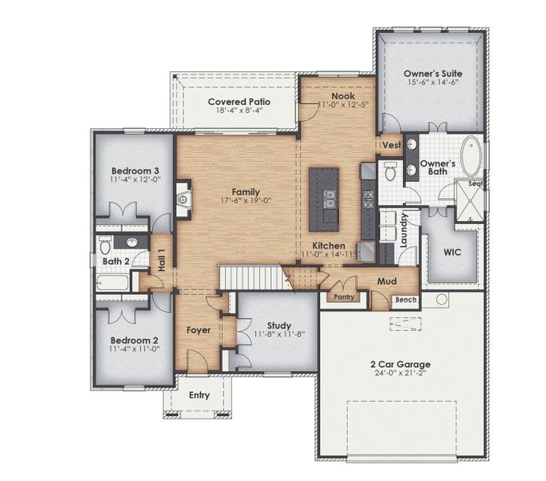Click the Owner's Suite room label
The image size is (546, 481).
tap(432, 73)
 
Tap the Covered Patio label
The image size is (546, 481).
tap(239, 102)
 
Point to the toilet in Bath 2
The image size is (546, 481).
tap(104, 245)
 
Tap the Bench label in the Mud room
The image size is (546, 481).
tap(404, 300)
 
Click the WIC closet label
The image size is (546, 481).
tap(452, 252)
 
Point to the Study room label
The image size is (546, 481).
tap(279, 325)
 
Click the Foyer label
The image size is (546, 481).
tap(198, 330)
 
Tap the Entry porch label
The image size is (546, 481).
tap(199, 395)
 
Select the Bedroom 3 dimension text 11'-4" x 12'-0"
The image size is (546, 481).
tap(135, 180)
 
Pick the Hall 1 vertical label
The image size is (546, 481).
tap(161, 261)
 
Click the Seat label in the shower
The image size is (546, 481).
tap(474, 184)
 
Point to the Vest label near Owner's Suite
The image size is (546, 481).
tap(391, 145)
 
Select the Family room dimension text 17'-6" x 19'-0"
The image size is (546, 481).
tap(245, 201)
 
